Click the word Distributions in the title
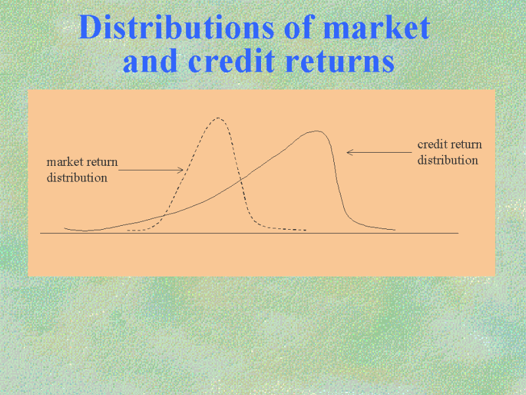pos(176,27)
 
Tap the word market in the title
pos(376,27)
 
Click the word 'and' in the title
pos(150,61)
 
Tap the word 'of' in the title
pos(298,27)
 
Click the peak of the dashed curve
pos(218,118)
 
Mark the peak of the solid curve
pos(316,131)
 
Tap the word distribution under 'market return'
pos(77,177)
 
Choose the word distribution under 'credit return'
pos(448,160)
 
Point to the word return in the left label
pos(101,162)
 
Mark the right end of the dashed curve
pos(306,230)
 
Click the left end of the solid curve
pos(64,228)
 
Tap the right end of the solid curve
pos(395,230)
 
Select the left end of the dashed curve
pos(128,230)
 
